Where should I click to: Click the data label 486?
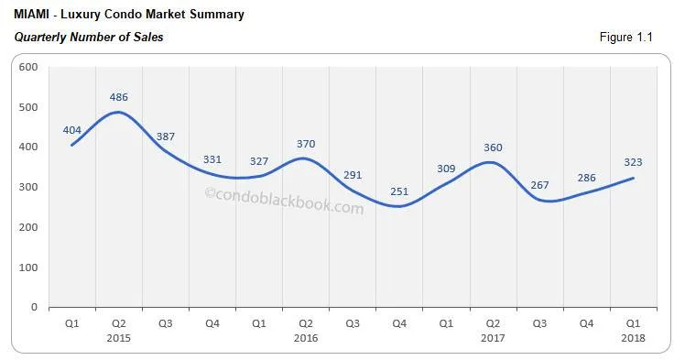pyautogui.click(x=118, y=95)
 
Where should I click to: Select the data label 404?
pyautogui.click(x=73, y=129)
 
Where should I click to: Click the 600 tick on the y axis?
pyautogui.click(x=27, y=67)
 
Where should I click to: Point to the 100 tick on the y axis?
pyautogui.click(x=27, y=267)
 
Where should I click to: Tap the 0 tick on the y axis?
pyautogui.click(x=33, y=308)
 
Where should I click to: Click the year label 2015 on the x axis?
pyautogui.click(x=118, y=338)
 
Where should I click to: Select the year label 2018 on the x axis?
pyautogui.click(x=633, y=338)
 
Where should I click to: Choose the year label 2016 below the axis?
pyautogui.click(x=306, y=338)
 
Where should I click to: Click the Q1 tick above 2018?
pyautogui.click(x=633, y=323)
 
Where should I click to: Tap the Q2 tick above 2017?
pyautogui.click(x=493, y=323)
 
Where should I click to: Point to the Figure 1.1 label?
pyautogui.click(x=628, y=38)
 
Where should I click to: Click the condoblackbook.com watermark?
pyautogui.click(x=283, y=201)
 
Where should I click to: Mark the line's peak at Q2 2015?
pyautogui.click(x=118, y=113)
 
